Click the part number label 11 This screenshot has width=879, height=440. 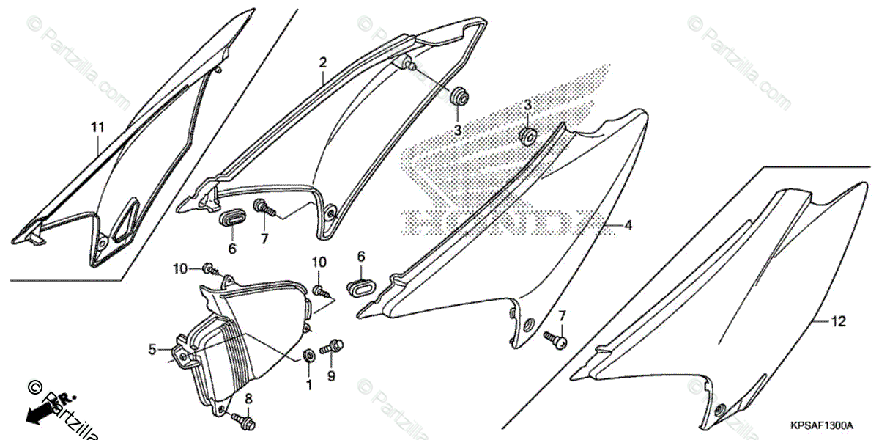tap(97, 128)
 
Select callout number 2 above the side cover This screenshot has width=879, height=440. tap(322, 62)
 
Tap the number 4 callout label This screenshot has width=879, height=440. tap(628, 226)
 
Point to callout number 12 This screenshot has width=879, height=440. tap(839, 321)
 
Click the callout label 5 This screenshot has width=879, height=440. tap(152, 350)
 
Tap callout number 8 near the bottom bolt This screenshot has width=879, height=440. tap(248, 398)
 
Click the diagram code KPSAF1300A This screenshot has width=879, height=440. tap(821, 425)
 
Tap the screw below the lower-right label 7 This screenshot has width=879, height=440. tap(555, 339)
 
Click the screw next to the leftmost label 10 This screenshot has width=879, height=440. tap(209, 268)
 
